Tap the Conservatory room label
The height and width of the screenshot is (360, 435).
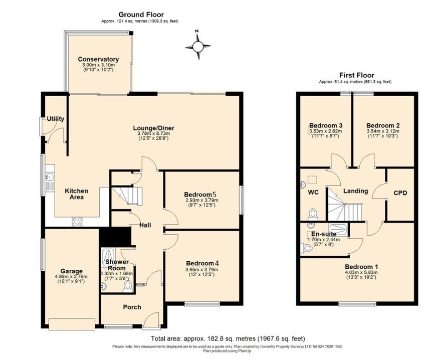[x=98, y=59]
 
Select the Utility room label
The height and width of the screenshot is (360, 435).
[x=56, y=119]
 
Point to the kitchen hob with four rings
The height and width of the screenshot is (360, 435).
[x=77, y=222]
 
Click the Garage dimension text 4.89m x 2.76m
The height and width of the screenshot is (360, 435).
[x=71, y=276]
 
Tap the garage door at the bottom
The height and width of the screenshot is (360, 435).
[x=72, y=324]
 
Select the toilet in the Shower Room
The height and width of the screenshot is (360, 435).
[x=128, y=286]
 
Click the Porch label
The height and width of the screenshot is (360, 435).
[x=132, y=307]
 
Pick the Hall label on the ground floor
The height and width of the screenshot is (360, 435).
[x=145, y=225]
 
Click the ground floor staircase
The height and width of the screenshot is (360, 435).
[x=126, y=196]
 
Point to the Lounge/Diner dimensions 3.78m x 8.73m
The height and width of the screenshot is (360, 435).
[x=153, y=133]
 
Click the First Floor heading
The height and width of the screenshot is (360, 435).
[x=357, y=75]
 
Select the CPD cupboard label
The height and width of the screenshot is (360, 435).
[x=400, y=193]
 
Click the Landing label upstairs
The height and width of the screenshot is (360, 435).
[x=356, y=191]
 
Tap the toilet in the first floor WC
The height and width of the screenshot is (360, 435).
[x=313, y=215]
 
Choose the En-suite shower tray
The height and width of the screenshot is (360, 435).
[x=337, y=229]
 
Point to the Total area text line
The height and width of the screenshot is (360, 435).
[x=228, y=338]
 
